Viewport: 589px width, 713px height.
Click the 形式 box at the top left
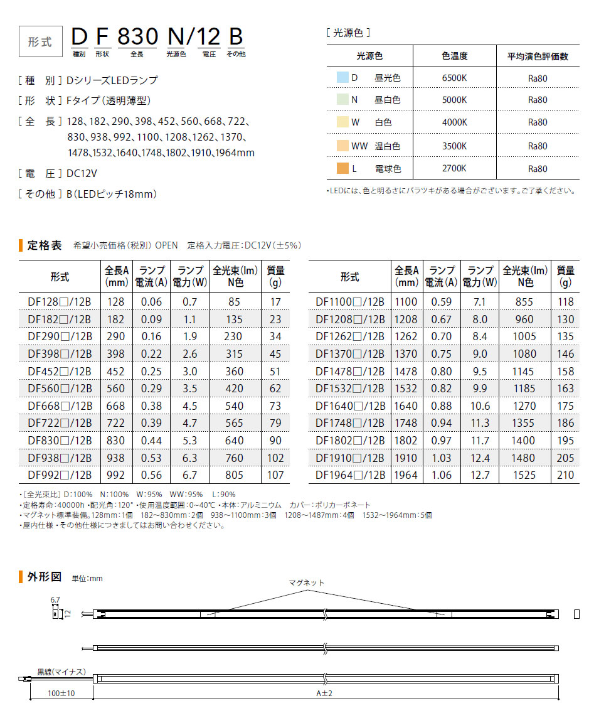click(40, 42)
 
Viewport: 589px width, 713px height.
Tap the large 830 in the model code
click(137, 36)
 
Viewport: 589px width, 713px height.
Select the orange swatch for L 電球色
click(341, 169)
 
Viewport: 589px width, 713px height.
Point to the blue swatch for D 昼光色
click(341, 78)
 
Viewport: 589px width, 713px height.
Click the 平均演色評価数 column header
click(538, 56)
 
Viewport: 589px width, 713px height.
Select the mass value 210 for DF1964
click(565, 475)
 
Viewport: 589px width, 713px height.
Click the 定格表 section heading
click(45, 245)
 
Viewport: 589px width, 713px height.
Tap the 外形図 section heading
click(45, 577)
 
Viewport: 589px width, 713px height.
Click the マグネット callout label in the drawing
click(307, 582)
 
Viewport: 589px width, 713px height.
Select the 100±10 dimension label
click(61, 693)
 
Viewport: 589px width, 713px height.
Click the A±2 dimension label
click(324, 693)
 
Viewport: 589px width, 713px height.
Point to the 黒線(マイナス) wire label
click(61, 672)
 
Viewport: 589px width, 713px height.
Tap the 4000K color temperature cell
click(454, 123)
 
